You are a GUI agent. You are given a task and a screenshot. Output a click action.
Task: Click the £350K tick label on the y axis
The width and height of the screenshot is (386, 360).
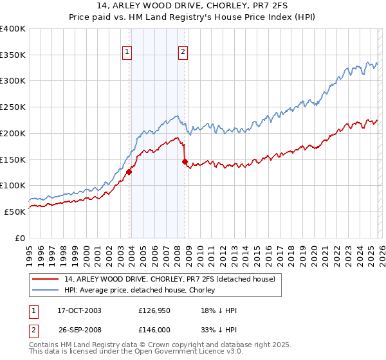coord(13,55)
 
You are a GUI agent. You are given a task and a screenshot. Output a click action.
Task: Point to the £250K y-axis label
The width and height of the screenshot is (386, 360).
coord(13,107)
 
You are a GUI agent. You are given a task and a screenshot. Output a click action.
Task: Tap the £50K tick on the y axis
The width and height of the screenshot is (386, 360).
coord(15,212)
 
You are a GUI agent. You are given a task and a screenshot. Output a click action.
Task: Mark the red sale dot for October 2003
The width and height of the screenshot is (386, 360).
coord(129,172)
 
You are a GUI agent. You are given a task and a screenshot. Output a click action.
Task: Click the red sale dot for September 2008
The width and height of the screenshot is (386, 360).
coord(185,162)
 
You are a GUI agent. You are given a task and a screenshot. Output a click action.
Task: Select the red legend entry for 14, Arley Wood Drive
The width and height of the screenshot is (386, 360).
coord(170,279)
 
